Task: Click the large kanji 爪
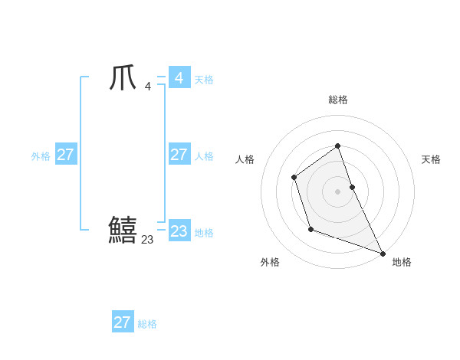[x=122, y=78]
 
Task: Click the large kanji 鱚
[x=123, y=230]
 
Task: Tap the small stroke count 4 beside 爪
[x=147, y=86]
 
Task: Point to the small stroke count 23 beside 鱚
[x=147, y=239]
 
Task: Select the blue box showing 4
[x=179, y=78]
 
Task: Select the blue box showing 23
[x=179, y=231]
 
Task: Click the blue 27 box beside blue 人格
[x=179, y=155]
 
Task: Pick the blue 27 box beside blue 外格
[x=65, y=155]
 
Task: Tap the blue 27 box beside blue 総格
[x=122, y=322]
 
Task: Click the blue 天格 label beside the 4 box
[x=204, y=80]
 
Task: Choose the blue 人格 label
[x=204, y=156]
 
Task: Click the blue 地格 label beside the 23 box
[x=204, y=233]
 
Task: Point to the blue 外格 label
[x=41, y=156]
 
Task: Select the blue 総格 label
[x=147, y=324]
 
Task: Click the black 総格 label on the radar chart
[x=337, y=100]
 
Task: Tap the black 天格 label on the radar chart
[x=431, y=159]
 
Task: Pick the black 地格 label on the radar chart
[x=402, y=262]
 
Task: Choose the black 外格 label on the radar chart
[x=270, y=262]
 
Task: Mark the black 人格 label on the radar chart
[x=245, y=159]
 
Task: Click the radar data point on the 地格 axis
[x=383, y=253]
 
